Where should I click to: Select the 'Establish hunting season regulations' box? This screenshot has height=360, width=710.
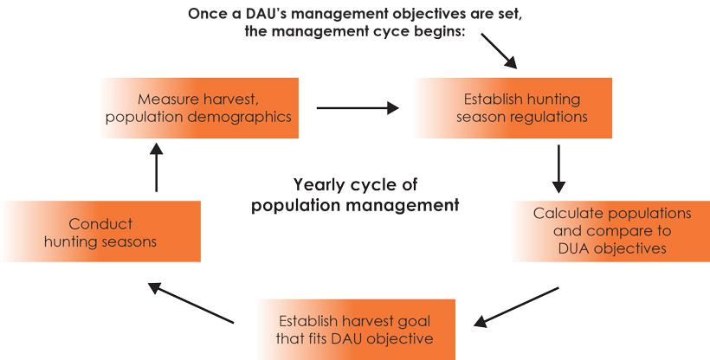coord(511,108)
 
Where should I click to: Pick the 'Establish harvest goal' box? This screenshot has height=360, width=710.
coord(356,329)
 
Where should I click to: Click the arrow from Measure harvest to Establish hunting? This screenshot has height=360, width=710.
coord(357,108)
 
